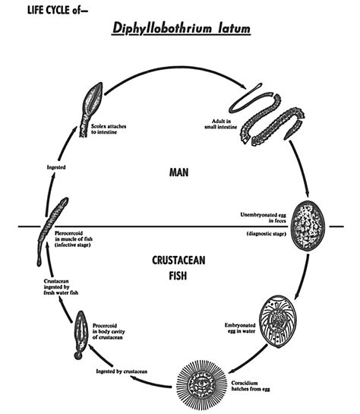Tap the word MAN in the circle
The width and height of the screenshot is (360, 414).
coord(180,172)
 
